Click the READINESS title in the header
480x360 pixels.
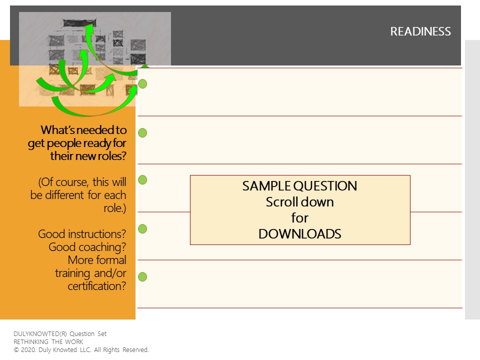[x=420, y=31]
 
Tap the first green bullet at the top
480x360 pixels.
[x=142, y=84]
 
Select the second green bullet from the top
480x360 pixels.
[x=142, y=133]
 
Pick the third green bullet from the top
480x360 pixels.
[x=142, y=180]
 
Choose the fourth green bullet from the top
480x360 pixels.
[x=142, y=228]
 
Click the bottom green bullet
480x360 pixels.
[x=142, y=276]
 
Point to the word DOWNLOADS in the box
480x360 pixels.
[x=299, y=234]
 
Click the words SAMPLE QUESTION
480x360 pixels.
[x=299, y=186]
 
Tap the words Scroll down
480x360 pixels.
[x=299, y=202]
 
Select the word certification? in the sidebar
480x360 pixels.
[x=96, y=286]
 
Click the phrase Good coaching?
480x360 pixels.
[x=87, y=247]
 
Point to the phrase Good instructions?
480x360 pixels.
[x=82, y=234]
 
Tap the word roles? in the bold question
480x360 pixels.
[x=109, y=156]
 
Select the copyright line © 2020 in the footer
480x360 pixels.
[x=81, y=350]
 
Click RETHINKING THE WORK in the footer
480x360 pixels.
[x=48, y=342]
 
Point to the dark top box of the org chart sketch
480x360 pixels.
[x=79, y=22]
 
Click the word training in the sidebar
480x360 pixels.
[x=73, y=273]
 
